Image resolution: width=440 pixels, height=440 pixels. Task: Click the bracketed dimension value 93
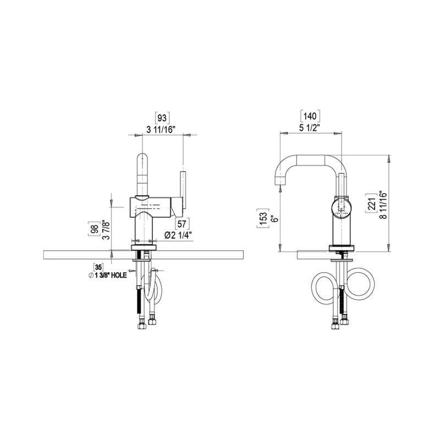coord(162,117)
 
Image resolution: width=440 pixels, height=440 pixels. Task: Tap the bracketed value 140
coord(311,116)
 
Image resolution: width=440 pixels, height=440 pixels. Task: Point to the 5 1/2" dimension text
coord(311,128)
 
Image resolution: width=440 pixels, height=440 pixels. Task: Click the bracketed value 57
coord(181,223)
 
